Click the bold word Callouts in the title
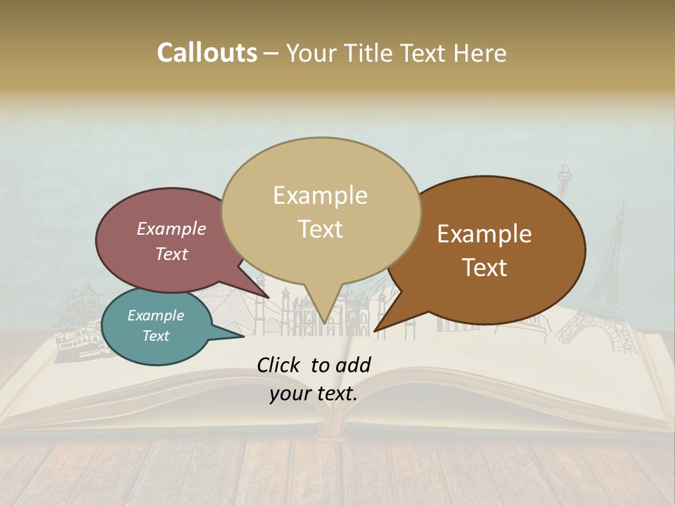tap(207, 53)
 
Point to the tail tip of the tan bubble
tap(324, 322)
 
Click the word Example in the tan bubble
tap(320, 195)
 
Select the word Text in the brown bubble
tap(485, 268)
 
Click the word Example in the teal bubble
tap(155, 316)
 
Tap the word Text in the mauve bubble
tap(172, 254)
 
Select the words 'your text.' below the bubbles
tap(314, 394)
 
